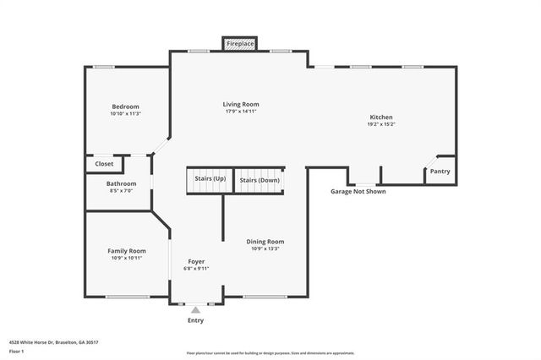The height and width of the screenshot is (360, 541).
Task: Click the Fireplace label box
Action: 240,42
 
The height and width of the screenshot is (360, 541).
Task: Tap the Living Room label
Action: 240,103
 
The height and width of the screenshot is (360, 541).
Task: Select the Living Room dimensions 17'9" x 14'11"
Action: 240,112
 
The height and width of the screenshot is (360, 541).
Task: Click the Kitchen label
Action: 381,117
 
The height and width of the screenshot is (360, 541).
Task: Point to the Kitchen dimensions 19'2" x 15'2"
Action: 381,124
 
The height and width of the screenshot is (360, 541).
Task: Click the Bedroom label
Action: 125,106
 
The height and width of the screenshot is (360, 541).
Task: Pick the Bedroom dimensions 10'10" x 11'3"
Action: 125,114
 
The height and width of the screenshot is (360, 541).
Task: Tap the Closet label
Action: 104,164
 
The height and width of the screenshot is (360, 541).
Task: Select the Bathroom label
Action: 121,183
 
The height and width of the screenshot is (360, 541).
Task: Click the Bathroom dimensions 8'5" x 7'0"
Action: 121,191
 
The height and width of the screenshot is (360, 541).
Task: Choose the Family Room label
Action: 126,250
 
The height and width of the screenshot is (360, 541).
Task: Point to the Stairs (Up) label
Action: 210,179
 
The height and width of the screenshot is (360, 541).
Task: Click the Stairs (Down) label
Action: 259,179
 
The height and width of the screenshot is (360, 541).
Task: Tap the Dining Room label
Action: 265,241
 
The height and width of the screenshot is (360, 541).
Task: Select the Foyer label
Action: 195,261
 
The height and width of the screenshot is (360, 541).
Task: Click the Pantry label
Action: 440,172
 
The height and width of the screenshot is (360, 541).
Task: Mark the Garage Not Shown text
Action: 358,192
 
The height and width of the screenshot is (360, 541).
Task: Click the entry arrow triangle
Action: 195,310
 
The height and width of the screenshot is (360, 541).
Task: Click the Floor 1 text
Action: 16,351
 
